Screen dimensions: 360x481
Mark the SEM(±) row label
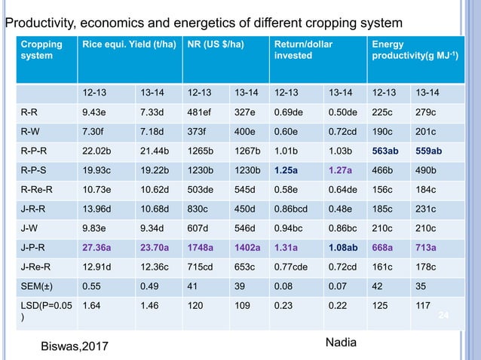36,286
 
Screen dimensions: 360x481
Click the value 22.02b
97,160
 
